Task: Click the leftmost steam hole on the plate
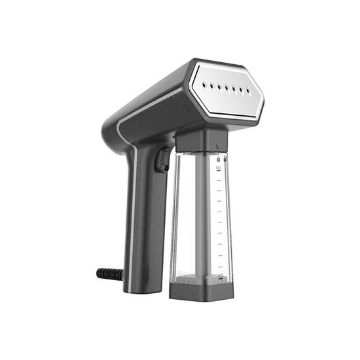[204, 84]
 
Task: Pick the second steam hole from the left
[211, 84]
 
